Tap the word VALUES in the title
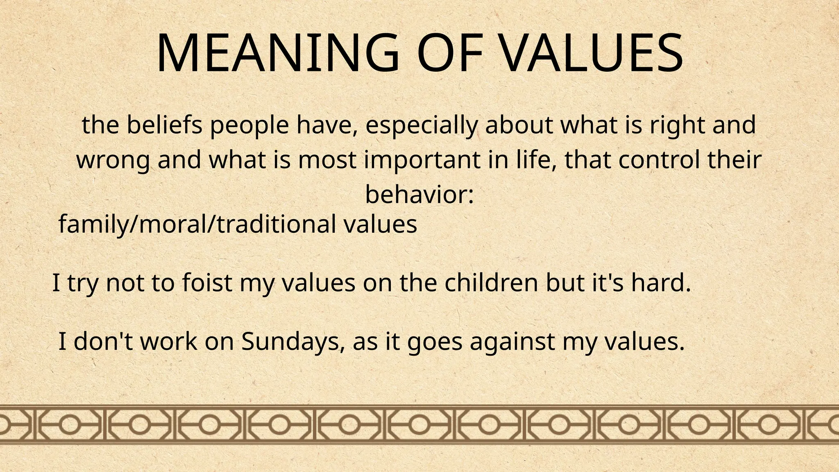592,53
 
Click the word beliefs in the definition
164,125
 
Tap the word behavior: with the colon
419,195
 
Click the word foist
206,283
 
